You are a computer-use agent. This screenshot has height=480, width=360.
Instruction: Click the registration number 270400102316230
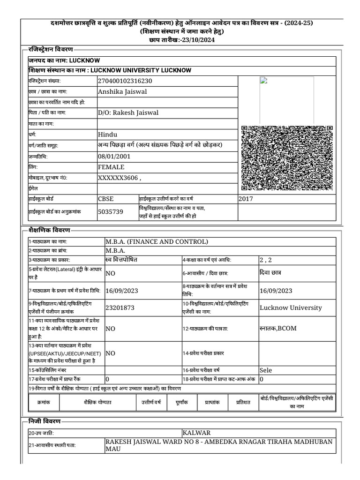tap(125, 81)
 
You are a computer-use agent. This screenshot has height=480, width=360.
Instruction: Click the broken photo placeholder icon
tap(263, 80)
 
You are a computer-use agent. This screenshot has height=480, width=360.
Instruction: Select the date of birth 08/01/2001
tap(114, 156)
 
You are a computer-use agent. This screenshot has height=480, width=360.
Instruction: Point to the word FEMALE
tap(111, 167)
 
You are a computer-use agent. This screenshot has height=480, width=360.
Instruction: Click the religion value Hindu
tap(107, 135)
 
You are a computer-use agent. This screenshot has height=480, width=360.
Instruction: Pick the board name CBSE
tap(105, 199)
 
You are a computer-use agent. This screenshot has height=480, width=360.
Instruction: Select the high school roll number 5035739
tap(110, 211)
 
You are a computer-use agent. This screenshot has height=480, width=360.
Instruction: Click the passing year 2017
tap(246, 199)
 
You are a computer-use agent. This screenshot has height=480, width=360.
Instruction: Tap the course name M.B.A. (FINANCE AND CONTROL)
tap(156, 242)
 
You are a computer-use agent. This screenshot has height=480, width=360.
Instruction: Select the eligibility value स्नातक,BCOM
tap(278, 328)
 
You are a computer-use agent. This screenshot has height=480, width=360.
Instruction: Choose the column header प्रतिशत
tap(243, 402)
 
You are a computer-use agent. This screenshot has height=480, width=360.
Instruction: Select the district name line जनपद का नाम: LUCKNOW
tap(64, 60)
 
